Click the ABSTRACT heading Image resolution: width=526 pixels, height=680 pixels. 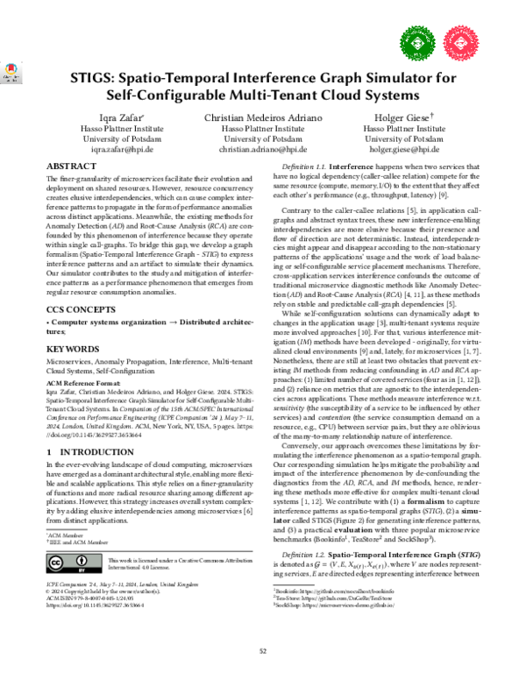[70, 166]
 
